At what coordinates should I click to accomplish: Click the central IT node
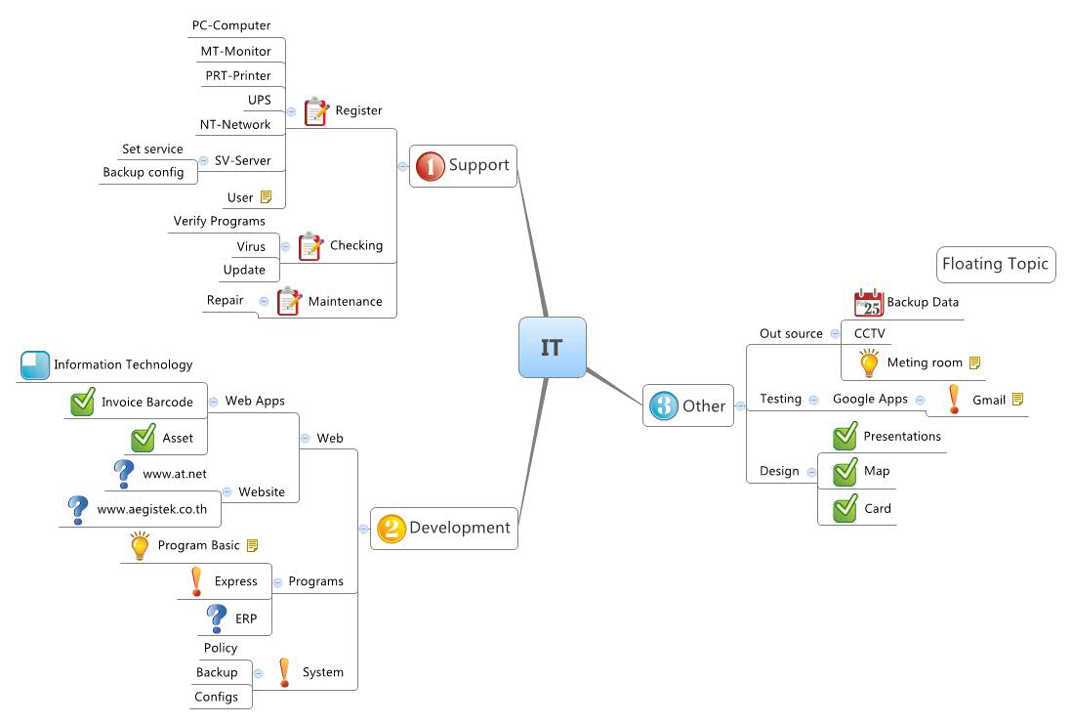click(552, 347)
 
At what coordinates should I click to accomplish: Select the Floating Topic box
click(995, 264)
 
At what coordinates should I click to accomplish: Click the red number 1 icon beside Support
click(430, 166)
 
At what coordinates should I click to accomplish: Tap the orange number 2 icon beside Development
click(391, 529)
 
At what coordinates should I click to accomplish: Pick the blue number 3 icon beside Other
click(663, 405)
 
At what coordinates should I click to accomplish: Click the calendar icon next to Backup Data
click(868, 303)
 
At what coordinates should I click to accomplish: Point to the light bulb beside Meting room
click(868, 362)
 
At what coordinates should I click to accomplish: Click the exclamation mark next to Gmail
click(954, 399)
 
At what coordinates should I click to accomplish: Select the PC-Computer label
click(230, 25)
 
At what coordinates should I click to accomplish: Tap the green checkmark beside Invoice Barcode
click(83, 402)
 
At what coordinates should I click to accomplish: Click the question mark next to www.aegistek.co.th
click(78, 509)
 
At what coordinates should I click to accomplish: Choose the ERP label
click(246, 618)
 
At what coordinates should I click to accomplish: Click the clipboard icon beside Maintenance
click(289, 301)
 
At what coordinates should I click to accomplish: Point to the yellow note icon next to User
click(266, 197)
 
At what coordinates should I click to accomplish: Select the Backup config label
click(144, 173)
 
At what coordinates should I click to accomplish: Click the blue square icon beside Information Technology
click(34, 364)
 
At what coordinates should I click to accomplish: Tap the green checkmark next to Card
click(845, 509)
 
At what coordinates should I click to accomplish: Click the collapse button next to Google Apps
click(920, 399)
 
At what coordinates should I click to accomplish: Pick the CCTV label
click(869, 333)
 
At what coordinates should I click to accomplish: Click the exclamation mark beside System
click(284, 672)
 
